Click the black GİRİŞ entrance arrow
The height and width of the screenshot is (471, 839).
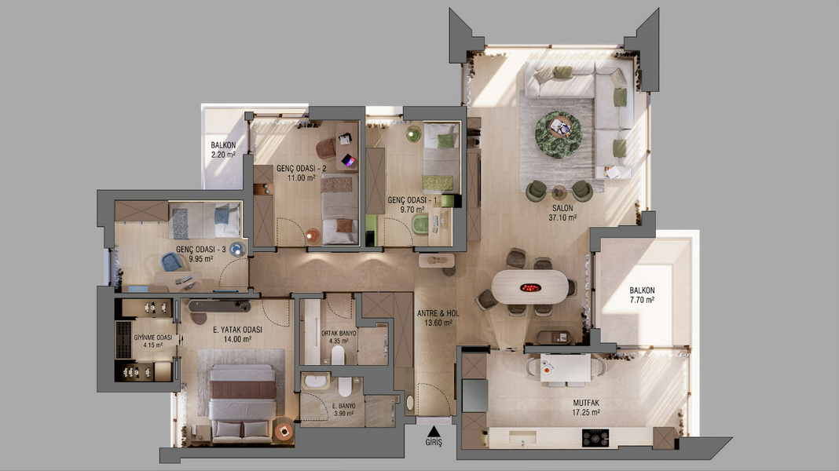(434, 432)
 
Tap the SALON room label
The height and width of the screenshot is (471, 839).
(562, 208)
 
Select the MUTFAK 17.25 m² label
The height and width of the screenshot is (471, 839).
(586, 408)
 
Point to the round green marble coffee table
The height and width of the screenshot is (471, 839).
(559, 135)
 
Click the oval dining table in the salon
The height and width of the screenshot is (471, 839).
(529, 287)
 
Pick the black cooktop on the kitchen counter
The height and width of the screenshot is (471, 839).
(595, 438)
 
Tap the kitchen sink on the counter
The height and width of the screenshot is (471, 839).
(522, 438)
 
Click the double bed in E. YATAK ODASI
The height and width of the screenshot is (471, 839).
(242, 404)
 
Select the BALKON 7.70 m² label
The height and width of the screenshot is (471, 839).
(642, 295)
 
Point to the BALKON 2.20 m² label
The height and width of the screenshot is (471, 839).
(223, 150)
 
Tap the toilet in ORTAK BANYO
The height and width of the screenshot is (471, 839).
(338, 355)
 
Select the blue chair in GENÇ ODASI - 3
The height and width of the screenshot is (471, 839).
(172, 262)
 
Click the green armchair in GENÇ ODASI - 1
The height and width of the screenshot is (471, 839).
(421, 225)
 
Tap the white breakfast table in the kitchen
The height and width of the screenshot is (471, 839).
(565, 368)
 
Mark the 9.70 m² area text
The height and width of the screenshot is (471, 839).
(412, 210)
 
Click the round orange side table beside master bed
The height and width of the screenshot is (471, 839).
(284, 431)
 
